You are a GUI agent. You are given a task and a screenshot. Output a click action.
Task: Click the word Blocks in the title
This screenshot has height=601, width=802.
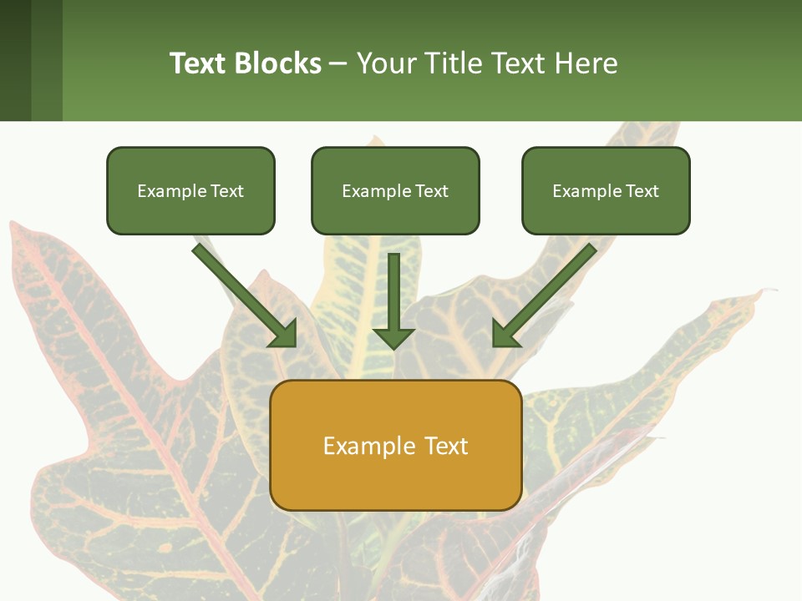[x=277, y=63]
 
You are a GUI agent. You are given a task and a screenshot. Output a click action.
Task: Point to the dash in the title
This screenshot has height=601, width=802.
[x=338, y=63]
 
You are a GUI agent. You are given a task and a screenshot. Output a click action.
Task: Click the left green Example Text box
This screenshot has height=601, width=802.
[x=190, y=190]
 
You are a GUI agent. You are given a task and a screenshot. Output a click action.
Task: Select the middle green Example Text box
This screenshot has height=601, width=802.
[x=395, y=190]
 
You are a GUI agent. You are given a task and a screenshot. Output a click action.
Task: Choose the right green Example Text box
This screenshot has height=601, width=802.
[x=606, y=190]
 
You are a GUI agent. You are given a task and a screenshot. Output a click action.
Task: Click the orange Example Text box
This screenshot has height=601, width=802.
[x=395, y=445]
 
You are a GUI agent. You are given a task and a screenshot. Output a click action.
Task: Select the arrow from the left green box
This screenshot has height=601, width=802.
[x=242, y=293]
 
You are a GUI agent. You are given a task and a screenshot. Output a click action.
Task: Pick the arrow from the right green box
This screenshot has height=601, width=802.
[x=546, y=293]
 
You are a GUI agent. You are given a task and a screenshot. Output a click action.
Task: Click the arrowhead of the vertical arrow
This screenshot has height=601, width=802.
[x=393, y=336]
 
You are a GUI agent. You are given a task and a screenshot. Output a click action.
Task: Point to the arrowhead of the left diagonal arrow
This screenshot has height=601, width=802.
[x=284, y=334]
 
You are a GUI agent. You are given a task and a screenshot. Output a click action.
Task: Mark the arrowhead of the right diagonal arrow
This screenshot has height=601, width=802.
[x=505, y=334]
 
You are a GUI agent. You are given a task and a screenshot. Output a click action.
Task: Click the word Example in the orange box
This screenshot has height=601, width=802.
[x=363, y=446]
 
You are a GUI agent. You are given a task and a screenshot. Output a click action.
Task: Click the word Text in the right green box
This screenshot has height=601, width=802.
[x=641, y=191]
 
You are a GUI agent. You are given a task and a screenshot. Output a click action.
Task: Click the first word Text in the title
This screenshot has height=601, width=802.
[x=199, y=63]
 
